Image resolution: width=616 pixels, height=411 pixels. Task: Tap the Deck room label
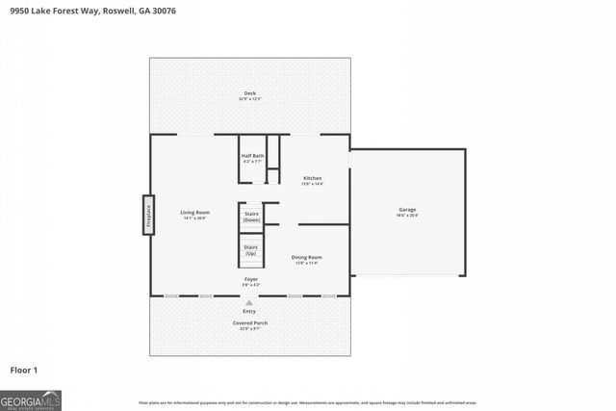click(x=249, y=93)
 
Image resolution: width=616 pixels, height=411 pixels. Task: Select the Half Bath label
click(x=252, y=155)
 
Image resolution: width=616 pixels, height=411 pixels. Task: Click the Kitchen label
click(x=313, y=178)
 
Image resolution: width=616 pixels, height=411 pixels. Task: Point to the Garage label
click(x=407, y=209)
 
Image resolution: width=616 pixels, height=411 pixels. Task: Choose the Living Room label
click(x=195, y=212)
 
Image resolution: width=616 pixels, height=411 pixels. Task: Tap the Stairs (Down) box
click(x=251, y=217)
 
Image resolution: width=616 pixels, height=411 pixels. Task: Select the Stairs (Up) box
click(x=250, y=250)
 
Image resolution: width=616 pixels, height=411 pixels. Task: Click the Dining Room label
click(x=307, y=257)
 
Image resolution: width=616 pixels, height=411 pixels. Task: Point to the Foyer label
click(x=249, y=279)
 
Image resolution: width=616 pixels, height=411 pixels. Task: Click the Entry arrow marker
click(x=249, y=302)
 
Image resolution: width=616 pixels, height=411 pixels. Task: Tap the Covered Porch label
click(x=249, y=322)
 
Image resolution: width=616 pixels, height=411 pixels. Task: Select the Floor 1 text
click(x=23, y=369)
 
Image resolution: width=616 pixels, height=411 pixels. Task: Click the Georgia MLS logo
click(x=30, y=399)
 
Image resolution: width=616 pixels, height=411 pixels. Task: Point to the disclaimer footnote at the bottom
click(x=307, y=402)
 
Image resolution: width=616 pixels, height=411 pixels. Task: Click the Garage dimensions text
click(x=407, y=216)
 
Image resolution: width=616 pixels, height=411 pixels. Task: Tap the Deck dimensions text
click(x=249, y=99)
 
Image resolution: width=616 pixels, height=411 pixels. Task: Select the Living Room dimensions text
click(x=195, y=218)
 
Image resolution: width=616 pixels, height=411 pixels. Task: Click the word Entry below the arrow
click(x=249, y=311)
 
